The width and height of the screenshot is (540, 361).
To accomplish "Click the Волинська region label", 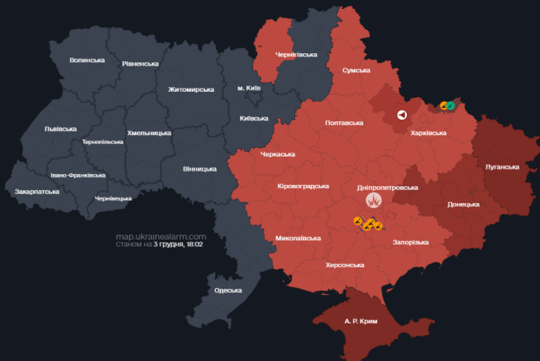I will (x=87, y=60).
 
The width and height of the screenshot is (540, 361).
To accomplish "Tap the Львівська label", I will (x=60, y=128).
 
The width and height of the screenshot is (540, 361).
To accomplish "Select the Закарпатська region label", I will (x=37, y=192).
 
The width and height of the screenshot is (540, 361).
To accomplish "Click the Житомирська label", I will (x=191, y=89).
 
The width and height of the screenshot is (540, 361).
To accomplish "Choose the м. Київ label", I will (x=249, y=88).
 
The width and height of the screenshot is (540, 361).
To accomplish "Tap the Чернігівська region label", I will (x=296, y=54).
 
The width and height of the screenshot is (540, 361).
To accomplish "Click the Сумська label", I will (x=356, y=70).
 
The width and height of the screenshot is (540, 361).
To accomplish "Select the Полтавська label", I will (x=344, y=123).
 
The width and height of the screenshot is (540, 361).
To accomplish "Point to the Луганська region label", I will (x=502, y=166).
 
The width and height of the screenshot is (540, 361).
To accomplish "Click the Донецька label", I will (x=463, y=204).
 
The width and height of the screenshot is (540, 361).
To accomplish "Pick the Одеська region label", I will (x=227, y=290).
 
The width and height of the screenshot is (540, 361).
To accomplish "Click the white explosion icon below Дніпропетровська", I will (x=373, y=200).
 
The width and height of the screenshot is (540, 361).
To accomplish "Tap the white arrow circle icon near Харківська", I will (x=402, y=115).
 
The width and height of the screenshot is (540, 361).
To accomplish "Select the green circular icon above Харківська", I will (x=450, y=105).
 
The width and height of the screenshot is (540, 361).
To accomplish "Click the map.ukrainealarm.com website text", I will (x=160, y=236).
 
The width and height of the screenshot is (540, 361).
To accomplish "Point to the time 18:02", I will (x=194, y=244).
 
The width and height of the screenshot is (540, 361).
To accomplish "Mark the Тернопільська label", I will (x=103, y=142).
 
